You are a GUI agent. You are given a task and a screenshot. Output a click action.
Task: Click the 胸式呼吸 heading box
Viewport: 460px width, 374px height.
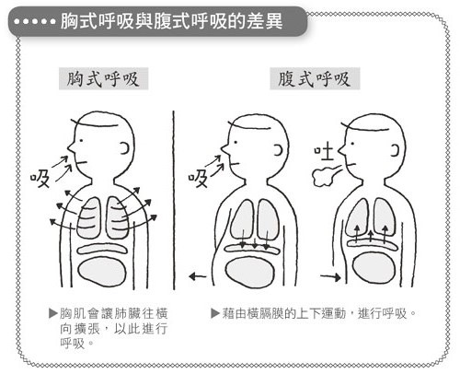pos(103,78)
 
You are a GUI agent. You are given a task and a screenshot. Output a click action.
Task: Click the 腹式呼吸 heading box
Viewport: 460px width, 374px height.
pos(315,78)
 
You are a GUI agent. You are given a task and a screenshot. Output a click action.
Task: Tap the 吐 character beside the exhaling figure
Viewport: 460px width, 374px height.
pos(324,153)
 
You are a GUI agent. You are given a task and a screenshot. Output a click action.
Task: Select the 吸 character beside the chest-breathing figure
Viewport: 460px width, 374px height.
pos(40,179)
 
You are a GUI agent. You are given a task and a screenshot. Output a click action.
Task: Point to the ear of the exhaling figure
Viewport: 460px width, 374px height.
pos(396,151)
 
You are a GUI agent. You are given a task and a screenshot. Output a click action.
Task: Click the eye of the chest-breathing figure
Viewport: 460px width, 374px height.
pos(82,141)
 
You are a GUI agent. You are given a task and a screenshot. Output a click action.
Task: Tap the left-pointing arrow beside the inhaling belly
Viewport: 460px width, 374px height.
pos(198,276)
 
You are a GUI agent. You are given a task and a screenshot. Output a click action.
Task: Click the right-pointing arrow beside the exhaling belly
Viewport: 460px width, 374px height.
pos(330,277)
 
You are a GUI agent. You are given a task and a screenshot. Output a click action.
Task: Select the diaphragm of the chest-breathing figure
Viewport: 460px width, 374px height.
pos(102,249)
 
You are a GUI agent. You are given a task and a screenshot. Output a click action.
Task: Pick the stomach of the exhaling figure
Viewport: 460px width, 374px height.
pos(373,270)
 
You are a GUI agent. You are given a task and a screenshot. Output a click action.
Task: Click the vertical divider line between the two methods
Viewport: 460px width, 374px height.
pos(174,200)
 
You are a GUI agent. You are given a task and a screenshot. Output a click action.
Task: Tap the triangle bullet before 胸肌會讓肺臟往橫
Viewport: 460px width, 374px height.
pos(53,313)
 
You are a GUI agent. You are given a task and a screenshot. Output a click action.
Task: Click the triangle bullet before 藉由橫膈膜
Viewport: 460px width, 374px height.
pos(215,313)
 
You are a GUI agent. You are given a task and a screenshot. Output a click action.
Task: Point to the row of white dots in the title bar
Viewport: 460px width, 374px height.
pos(35,21)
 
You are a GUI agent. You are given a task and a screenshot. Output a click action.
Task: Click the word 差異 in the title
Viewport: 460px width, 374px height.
pos(265,21)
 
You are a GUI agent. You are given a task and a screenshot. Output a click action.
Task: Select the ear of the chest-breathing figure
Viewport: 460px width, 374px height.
pos(125,148)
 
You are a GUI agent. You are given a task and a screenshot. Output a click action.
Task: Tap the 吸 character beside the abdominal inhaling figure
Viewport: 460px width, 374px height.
pos(198,179)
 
